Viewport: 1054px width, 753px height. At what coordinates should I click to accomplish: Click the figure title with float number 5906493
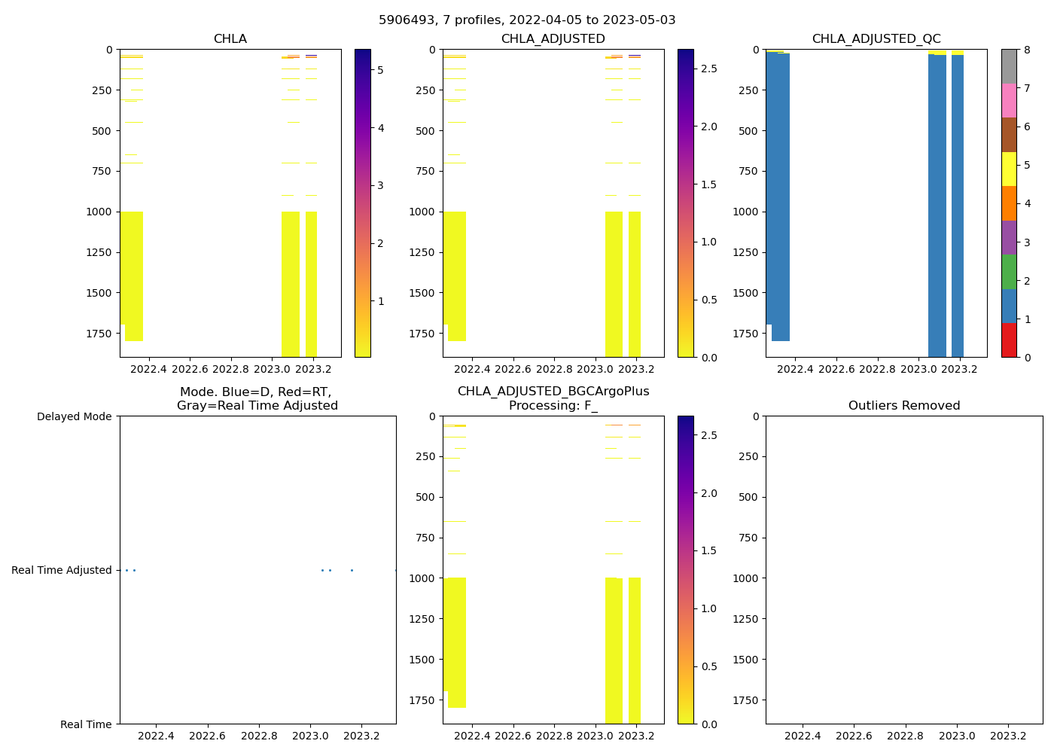[x=527, y=20]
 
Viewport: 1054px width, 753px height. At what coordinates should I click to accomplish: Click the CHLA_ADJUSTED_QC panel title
[x=876, y=39]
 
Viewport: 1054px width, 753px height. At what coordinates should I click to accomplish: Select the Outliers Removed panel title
[x=904, y=406]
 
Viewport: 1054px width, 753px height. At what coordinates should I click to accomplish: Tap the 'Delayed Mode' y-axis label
[x=74, y=416]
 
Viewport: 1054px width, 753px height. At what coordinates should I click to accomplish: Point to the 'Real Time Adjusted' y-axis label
[x=62, y=570]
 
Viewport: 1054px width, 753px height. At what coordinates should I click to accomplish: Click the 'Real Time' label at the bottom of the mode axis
[x=86, y=724]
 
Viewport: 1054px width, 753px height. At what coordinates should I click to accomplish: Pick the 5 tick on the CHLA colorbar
[x=380, y=70]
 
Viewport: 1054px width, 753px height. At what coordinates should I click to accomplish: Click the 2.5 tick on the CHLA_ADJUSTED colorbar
[x=708, y=69]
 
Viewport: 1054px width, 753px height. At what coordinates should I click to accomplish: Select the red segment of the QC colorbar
[x=1009, y=340]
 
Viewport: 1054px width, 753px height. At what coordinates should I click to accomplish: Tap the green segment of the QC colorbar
[x=1009, y=272]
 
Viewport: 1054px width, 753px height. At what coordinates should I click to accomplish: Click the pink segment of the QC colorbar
[x=1009, y=100]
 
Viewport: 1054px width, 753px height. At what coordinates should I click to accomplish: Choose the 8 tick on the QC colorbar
[x=1026, y=50]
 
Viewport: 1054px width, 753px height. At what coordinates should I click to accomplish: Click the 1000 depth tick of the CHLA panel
[x=99, y=212]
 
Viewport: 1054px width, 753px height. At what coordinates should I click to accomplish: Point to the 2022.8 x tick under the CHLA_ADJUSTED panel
[x=554, y=370]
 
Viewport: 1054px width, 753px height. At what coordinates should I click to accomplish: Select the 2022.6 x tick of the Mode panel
[x=207, y=736]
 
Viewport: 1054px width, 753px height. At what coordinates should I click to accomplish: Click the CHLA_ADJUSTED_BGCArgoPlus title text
[x=553, y=392]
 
